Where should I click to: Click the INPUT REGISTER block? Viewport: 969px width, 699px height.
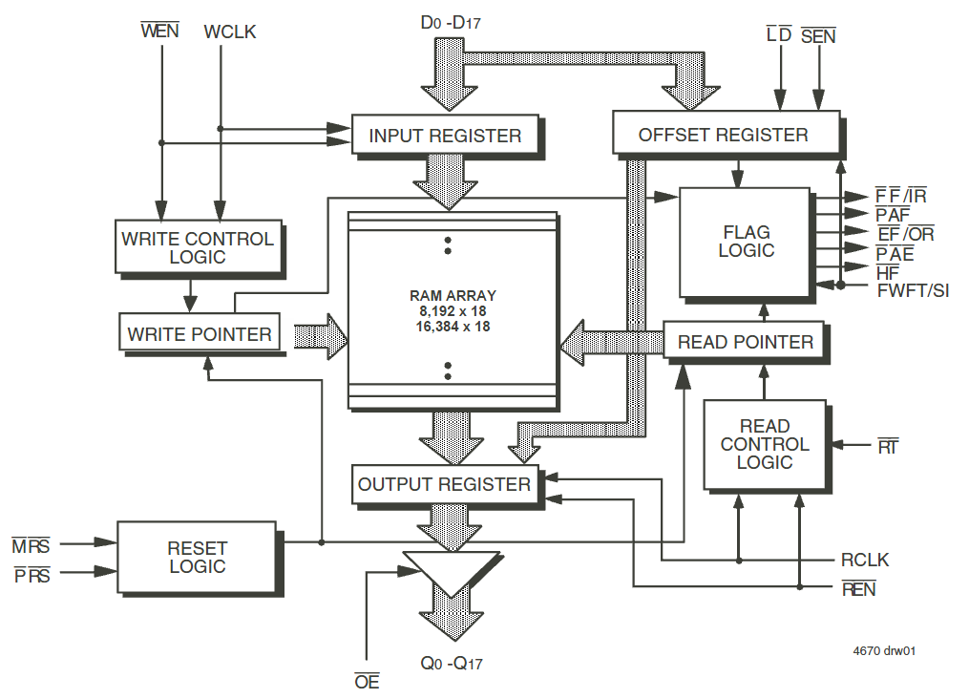coord(444,136)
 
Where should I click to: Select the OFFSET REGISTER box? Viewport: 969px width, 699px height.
coord(724,135)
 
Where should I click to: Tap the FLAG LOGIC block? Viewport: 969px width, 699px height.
coord(745,242)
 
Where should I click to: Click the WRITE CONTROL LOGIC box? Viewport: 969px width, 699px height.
coord(197,247)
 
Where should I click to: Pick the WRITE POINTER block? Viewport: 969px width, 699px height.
coord(199,335)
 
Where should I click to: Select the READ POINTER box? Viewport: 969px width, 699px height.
coord(745,342)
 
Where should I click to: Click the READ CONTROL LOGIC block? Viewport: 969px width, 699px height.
coord(764,444)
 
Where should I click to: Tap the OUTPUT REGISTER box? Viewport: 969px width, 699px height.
coord(444,484)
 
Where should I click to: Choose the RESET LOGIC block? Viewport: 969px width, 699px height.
coord(197,557)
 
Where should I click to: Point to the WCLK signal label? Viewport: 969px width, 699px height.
coord(230,32)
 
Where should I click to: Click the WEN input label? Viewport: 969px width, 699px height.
coord(159,32)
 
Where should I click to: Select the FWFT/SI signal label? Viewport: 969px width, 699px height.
coord(912,290)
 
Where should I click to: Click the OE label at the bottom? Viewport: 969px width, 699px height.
coord(367,682)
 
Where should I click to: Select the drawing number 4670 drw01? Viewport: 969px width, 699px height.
coord(885,651)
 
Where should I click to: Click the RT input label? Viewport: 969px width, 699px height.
coord(887,445)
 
